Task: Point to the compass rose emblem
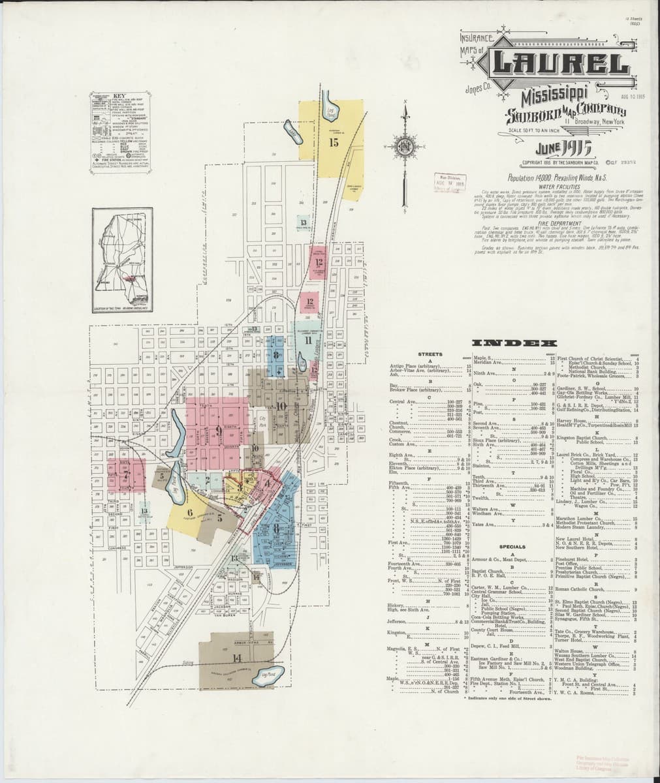405,140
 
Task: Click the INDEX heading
514,343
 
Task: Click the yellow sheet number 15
334,143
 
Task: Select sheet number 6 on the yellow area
190,513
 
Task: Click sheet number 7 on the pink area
124,475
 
